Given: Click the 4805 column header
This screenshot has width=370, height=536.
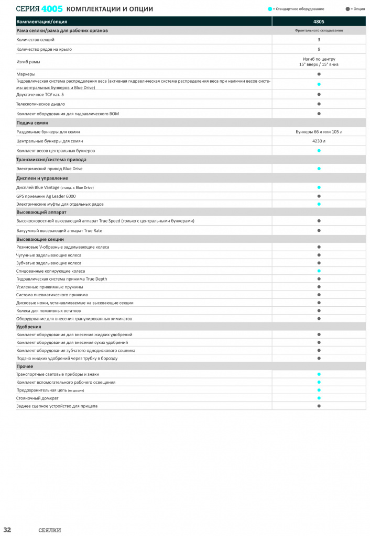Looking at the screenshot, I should [x=319, y=21].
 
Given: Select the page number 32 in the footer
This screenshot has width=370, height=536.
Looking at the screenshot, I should [x=7, y=530].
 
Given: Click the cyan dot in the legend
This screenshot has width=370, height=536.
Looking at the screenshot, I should [x=270, y=9].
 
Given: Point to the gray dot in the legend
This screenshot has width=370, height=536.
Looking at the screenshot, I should [x=347, y=9].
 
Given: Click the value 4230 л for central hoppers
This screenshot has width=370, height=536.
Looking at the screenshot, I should [x=319, y=141].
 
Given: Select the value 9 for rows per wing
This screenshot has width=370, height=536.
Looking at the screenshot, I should [x=319, y=49].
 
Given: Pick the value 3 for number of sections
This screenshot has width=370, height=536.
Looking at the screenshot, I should [x=319, y=40].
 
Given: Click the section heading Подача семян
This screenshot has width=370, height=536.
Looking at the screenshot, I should [x=32, y=122].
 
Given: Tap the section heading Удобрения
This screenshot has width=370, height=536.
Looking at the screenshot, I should [x=29, y=327].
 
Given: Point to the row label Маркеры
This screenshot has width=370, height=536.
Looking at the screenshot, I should [x=26, y=74].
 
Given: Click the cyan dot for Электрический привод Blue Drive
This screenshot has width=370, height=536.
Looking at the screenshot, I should [x=319, y=169].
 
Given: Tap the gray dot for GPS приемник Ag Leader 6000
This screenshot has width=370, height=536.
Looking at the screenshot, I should [x=319, y=196].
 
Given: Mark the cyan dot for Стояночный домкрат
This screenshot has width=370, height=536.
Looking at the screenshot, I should [x=319, y=398].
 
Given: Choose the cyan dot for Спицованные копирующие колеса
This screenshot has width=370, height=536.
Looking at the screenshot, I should [x=319, y=271].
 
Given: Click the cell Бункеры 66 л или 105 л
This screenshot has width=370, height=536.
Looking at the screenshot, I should [x=319, y=132].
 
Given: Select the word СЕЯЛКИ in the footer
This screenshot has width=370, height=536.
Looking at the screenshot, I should [x=50, y=530].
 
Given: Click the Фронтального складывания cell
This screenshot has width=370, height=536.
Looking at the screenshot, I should [x=319, y=31].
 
